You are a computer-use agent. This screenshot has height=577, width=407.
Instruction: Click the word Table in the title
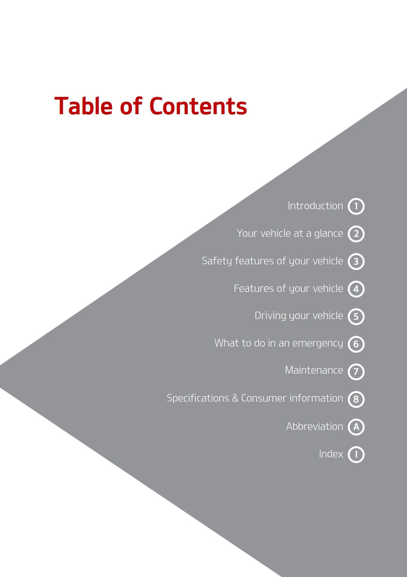click(84, 106)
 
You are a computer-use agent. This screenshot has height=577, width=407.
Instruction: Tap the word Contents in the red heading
click(198, 106)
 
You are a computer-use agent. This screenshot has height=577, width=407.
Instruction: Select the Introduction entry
click(315, 206)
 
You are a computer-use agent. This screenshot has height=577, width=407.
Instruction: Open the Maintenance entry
click(314, 370)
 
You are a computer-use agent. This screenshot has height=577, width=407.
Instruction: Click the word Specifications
click(198, 398)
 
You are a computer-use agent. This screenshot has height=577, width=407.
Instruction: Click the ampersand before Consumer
click(235, 398)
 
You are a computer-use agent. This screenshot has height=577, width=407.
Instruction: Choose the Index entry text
click(331, 454)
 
